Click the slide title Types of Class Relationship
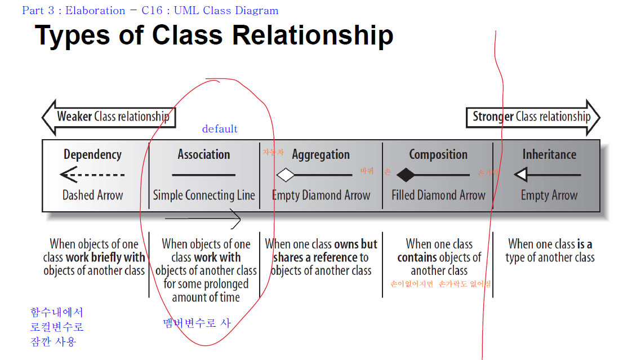[214, 35]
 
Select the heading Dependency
[92, 154]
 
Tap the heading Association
[204, 154]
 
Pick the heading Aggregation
[321, 155]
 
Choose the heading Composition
[438, 154]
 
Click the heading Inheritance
[549, 154]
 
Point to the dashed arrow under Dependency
[92, 175]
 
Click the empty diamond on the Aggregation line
[286, 175]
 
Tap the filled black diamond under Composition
[406, 175]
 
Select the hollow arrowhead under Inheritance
[521, 175]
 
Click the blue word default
[220, 129]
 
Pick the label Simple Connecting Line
[204, 195]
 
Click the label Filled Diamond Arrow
[438, 195]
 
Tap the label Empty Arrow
[549, 195]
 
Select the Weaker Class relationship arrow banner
[110, 117]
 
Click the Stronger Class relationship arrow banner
[532, 117]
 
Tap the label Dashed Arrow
[92, 195]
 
